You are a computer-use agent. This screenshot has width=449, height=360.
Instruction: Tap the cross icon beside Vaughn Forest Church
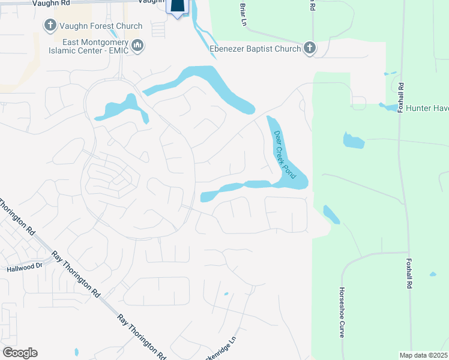(50, 26)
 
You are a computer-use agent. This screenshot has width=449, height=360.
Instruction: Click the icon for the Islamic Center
(138, 46)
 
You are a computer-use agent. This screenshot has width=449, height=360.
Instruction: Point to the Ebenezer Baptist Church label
(255, 49)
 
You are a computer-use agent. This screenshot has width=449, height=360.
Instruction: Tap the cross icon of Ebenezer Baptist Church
(309, 48)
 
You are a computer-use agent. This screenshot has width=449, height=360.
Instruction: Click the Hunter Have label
(427, 108)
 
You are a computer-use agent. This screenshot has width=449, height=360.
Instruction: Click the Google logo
(20, 353)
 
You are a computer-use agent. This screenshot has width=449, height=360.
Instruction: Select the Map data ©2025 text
(423, 355)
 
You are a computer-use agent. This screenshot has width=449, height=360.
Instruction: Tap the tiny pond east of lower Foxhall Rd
(433, 275)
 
